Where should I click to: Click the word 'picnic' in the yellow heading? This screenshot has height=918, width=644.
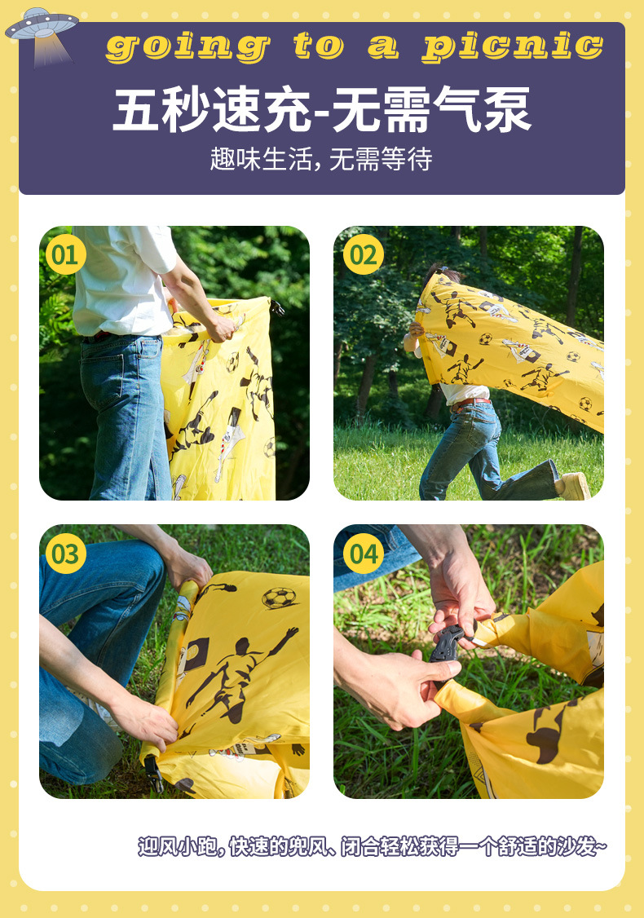(513, 46)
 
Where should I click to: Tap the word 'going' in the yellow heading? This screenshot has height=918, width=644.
(188, 46)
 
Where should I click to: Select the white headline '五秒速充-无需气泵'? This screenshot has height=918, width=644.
(321, 109)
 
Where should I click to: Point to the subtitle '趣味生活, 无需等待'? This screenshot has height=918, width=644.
(321, 159)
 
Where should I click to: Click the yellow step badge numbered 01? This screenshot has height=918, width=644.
(65, 254)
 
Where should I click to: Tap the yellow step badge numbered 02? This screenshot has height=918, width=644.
(364, 254)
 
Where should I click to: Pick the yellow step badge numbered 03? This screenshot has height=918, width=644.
(65, 554)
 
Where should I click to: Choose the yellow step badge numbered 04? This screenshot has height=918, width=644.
(364, 554)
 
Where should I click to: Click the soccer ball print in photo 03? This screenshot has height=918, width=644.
(280, 598)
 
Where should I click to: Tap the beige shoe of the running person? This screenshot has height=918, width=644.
(575, 486)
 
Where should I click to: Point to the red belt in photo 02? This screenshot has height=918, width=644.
(470, 402)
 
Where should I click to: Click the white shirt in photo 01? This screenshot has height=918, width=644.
(123, 281)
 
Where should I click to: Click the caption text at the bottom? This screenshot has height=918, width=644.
(373, 846)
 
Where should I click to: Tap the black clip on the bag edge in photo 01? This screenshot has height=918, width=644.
(276, 307)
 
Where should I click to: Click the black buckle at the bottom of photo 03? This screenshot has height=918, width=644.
(153, 773)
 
